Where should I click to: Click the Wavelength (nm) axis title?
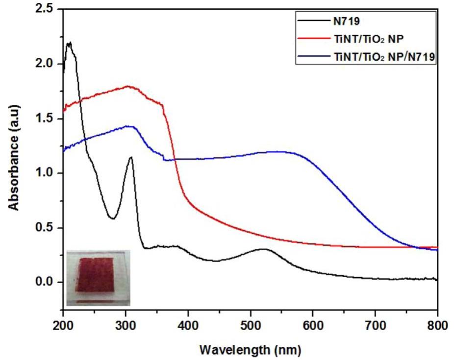(250, 350)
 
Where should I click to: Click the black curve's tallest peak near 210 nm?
(69, 43)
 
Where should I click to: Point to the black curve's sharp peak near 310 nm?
(131, 157)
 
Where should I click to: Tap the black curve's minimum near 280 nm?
(112, 218)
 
